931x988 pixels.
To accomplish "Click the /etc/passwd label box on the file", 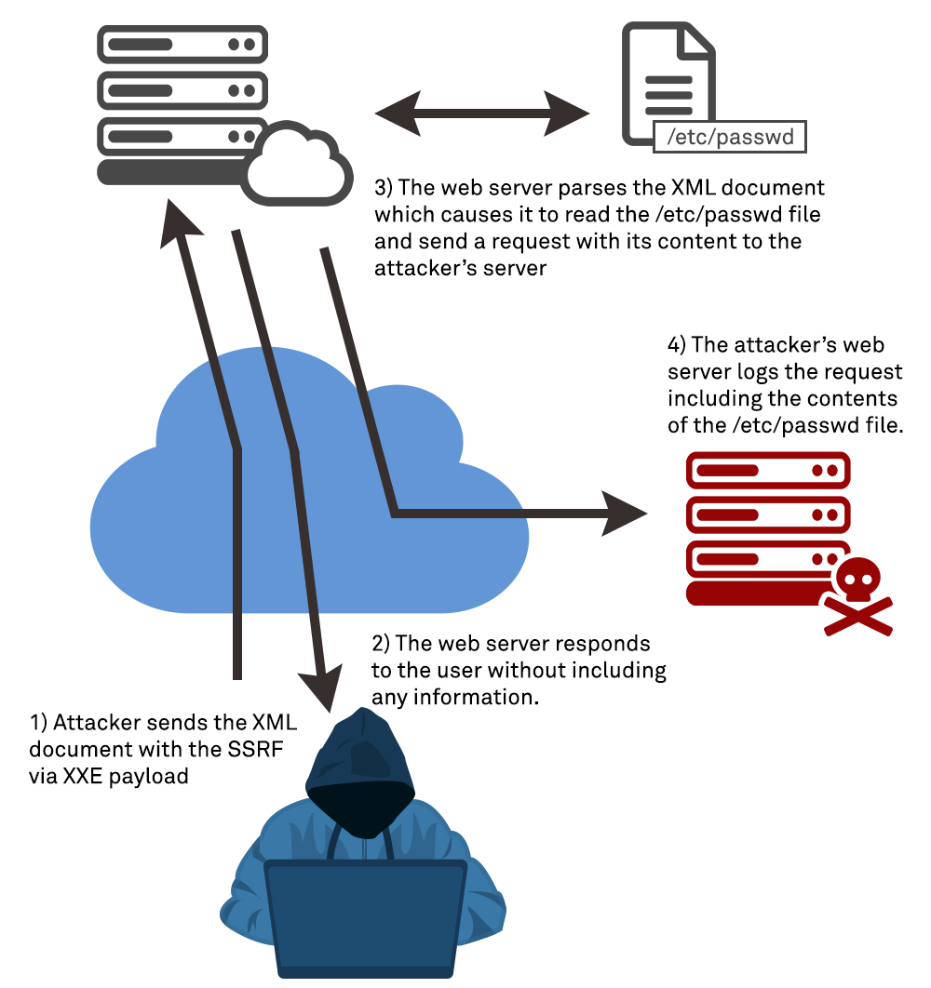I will pos(730,137).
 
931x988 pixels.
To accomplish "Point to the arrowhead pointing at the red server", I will pos(627,513).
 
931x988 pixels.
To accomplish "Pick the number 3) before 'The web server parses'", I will pos(384,188).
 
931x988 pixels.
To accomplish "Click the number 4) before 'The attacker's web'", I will pos(677,344).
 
